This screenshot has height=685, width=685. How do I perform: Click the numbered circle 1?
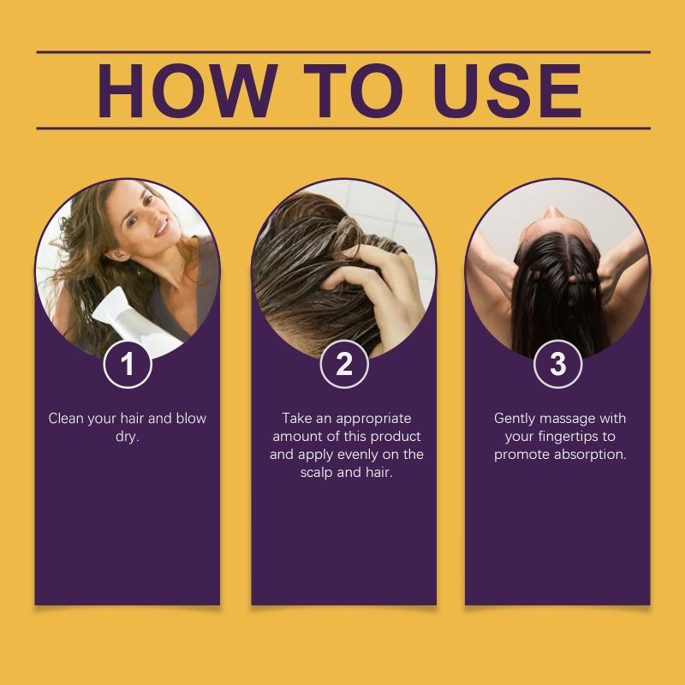(x=128, y=364)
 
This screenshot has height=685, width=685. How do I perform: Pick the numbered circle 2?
(x=344, y=364)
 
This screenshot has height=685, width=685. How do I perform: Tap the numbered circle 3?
(x=558, y=364)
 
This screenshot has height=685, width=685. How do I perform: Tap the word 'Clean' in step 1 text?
(x=66, y=419)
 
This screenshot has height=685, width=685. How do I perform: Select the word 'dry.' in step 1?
(x=127, y=437)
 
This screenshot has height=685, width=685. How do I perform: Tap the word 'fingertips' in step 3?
(x=568, y=437)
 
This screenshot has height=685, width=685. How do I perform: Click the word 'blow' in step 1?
(x=191, y=419)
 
